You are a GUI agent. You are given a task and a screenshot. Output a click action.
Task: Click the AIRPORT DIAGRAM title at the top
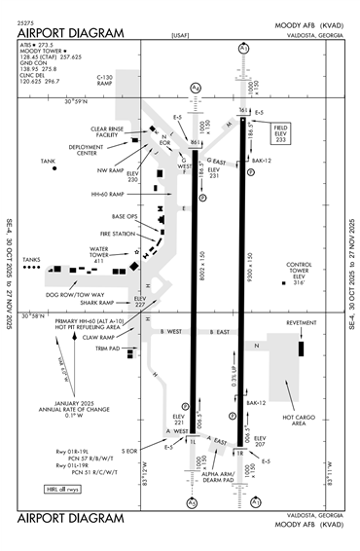click(x=71, y=32)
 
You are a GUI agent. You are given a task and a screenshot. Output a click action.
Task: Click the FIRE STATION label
click(x=118, y=234)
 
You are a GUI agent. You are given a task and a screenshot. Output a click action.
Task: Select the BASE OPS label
click(x=126, y=216)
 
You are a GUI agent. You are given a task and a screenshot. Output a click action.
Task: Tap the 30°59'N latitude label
click(x=83, y=100)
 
